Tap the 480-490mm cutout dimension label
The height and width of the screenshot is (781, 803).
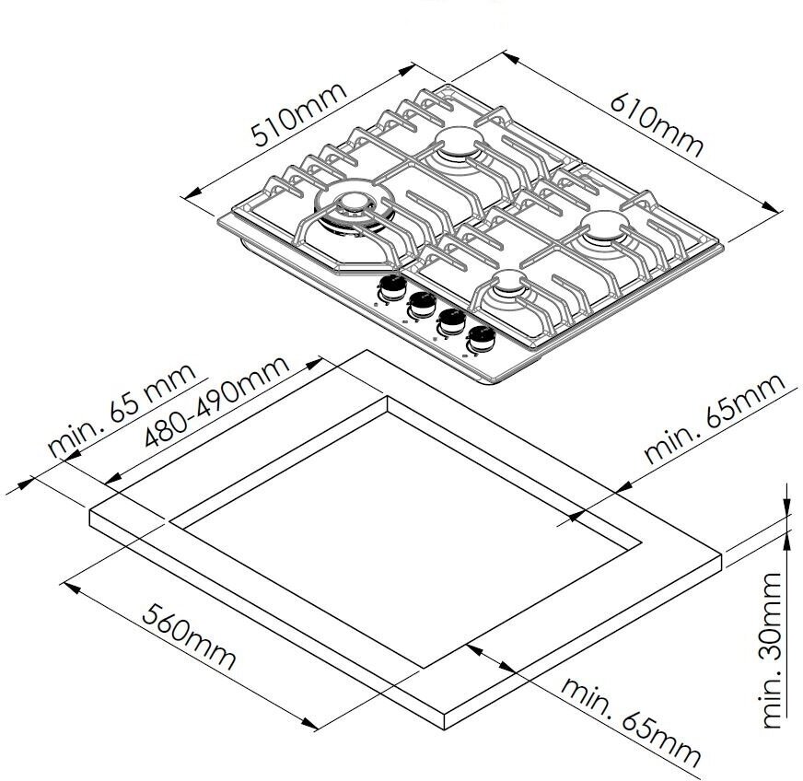[218, 402]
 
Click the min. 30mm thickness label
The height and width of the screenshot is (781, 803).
[772, 650]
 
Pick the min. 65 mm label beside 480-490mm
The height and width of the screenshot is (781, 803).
[122, 410]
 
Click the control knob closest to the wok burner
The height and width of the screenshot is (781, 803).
[391, 287]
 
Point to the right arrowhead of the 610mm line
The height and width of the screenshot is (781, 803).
[775, 210]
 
